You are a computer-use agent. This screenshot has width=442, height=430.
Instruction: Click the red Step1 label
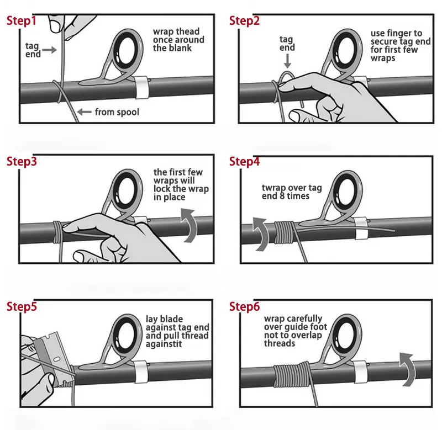pos(22,21)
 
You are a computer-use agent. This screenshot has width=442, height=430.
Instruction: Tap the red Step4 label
pos(244,162)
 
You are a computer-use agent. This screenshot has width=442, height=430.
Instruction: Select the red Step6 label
pos(244,307)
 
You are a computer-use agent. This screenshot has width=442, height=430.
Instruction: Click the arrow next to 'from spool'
pos(85,112)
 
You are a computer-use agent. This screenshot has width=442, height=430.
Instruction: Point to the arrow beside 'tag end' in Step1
pos(49,50)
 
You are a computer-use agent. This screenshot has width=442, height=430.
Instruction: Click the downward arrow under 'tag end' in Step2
pos(287,61)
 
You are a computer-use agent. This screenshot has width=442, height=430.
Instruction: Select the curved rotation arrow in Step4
pos(261,233)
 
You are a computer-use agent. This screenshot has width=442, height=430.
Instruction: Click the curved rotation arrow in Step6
pos(408,369)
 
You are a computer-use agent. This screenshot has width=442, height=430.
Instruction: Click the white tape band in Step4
pos(361,229)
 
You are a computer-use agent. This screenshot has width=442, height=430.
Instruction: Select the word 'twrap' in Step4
pos(273,188)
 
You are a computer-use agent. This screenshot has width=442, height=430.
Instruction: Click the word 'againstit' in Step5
pos(164,344)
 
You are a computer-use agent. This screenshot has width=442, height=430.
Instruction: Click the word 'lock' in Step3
pos(161,189)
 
